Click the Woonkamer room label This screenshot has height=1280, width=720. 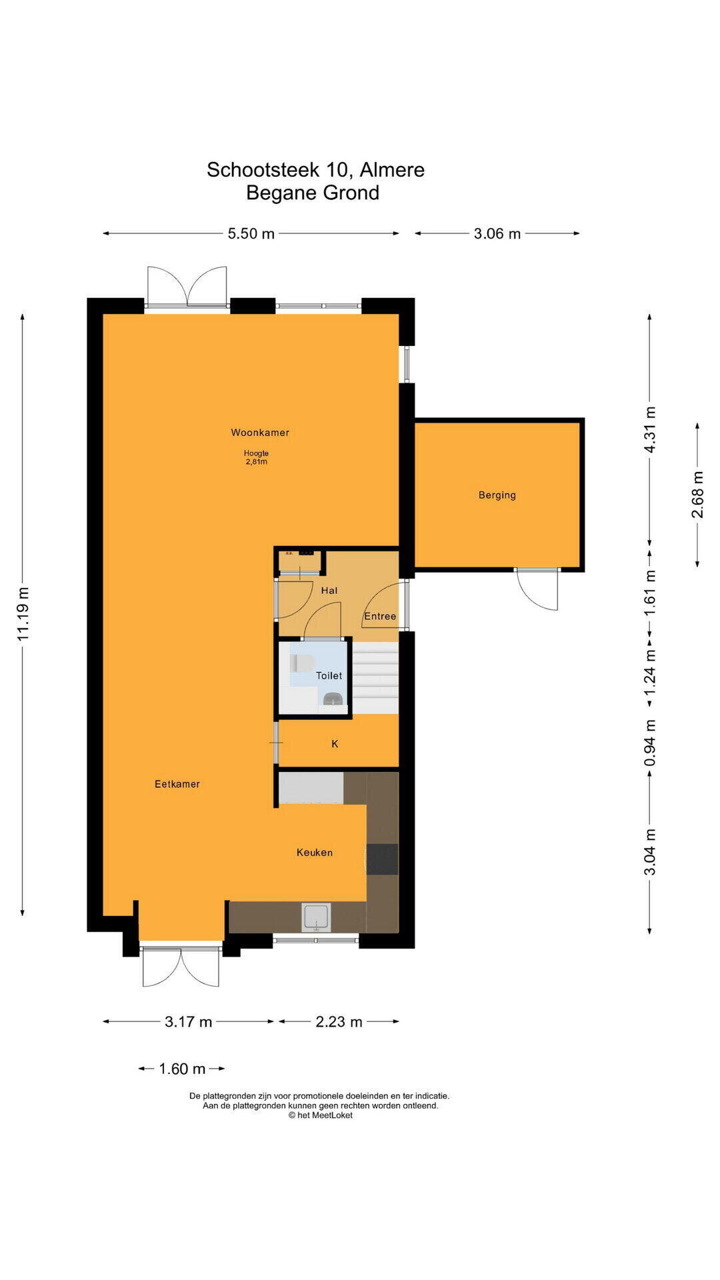[x=260, y=433]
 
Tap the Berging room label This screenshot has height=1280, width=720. [x=497, y=495]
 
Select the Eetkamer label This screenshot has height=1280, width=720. [x=177, y=784]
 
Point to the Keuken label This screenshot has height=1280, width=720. [x=315, y=852]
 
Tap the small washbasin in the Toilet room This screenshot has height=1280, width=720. [x=333, y=699]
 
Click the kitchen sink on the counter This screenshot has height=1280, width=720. [x=316, y=917]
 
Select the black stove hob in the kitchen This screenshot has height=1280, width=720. [x=382, y=859]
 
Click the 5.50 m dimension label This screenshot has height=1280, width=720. [x=251, y=233]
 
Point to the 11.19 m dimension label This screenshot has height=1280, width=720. [x=24, y=614]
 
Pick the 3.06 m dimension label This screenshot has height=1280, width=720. [x=497, y=233]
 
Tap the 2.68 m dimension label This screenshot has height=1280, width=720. [x=697, y=494]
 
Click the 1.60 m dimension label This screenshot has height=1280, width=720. [x=182, y=1069]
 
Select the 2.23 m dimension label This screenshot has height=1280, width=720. [x=339, y=1021]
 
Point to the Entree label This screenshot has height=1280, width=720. [x=380, y=616]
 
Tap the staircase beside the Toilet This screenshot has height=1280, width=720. [x=375, y=677]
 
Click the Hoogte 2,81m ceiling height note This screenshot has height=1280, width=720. [x=256, y=457]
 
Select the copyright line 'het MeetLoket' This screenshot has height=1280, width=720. [x=320, y=1115]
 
